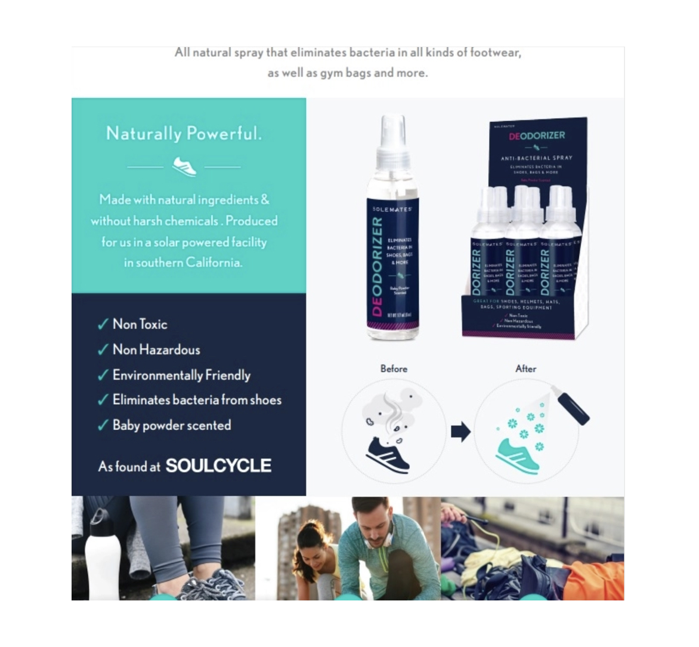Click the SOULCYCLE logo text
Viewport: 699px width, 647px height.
pyautogui.click(x=218, y=466)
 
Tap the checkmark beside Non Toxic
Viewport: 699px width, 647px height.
pyautogui.click(x=103, y=324)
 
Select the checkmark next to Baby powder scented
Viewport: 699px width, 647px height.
pyautogui.click(x=103, y=426)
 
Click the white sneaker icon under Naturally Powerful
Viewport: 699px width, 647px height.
pyautogui.click(x=184, y=166)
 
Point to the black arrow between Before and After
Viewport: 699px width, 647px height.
pyautogui.click(x=460, y=431)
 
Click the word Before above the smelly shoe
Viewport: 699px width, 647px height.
pyautogui.click(x=394, y=368)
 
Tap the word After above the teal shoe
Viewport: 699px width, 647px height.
pyautogui.click(x=525, y=368)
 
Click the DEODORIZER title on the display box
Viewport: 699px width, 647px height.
pyautogui.click(x=537, y=135)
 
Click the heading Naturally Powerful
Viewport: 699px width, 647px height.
pyautogui.click(x=184, y=133)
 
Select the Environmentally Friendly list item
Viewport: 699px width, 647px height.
pyautogui.click(x=181, y=375)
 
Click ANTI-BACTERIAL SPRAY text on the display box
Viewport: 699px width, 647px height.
pyautogui.click(x=536, y=158)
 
